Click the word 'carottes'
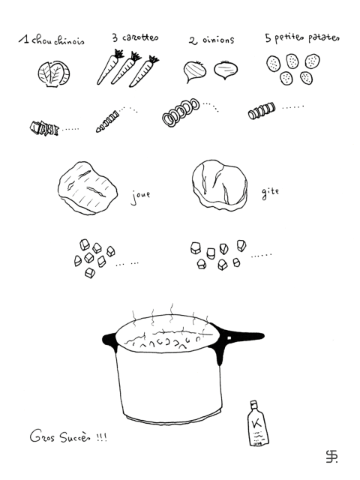pyautogui.click(x=140, y=37)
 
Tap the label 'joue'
pyautogui.click(x=140, y=196)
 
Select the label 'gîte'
pyautogui.click(x=270, y=193)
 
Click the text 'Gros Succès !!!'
pyautogui.click(x=68, y=436)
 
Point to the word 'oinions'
pyautogui.click(x=218, y=40)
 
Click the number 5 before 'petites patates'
pyautogui.click(x=268, y=38)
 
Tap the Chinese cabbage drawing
pyautogui.click(x=54, y=74)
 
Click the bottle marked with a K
pyautogui.click(x=258, y=423)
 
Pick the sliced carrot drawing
pyautogui.click(x=107, y=122)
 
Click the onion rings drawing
pyautogui.click(x=181, y=111)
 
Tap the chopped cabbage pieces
pyautogui.click(x=44, y=128)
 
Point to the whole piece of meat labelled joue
pyautogui.click(x=88, y=188)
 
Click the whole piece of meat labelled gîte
pyautogui.click(x=220, y=185)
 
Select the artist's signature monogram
pyautogui.click(x=331, y=457)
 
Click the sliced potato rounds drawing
pyautogui.click(x=262, y=111)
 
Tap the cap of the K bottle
pyautogui.click(x=253, y=403)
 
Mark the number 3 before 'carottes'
pyautogui.click(x=115, y=38)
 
